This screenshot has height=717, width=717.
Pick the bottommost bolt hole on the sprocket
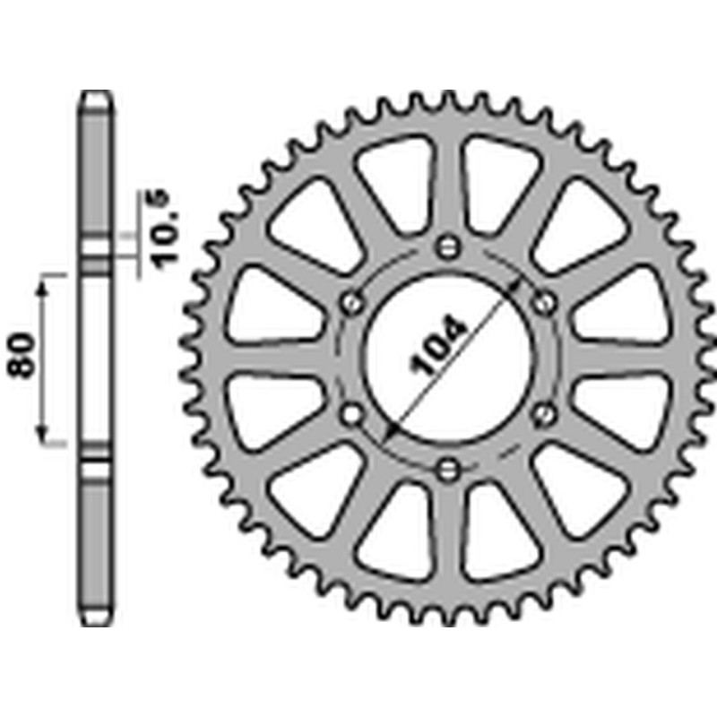pos(450,467)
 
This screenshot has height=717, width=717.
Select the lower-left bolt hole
pos(352,413)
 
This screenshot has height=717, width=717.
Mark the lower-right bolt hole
pos(544,413)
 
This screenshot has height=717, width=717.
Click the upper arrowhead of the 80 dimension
pos(41,284)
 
